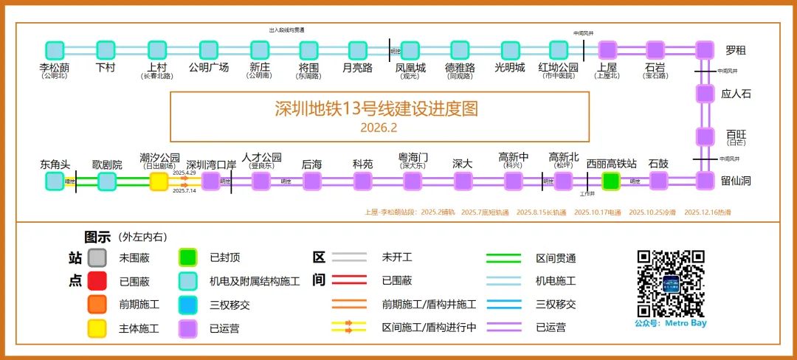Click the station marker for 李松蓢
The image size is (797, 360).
tap(55, 50)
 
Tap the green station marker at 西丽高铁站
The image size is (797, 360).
tap(610, 181)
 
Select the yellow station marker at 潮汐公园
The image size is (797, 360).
tap(159, 181)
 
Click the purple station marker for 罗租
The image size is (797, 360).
tap(705, 50)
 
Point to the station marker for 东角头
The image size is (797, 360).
tap(55, 181)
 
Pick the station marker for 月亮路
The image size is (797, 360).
tap(357, 50)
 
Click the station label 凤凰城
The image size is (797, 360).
tap(410, 68)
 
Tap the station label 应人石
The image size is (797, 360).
tap(736, 94)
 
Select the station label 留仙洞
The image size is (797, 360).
tap(736, 181)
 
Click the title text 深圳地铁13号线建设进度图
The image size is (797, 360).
tap(376, 108)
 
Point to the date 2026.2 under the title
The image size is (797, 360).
tap(379, 128)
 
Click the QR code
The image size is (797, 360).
tap(671, 283)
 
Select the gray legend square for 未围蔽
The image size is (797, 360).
tap(97, 257)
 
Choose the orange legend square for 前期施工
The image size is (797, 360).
tap(97, 304)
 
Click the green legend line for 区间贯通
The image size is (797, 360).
tap(504, 258)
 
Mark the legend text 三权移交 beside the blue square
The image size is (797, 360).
tap(230, 304)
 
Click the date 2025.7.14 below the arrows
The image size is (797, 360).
tap(184, 191)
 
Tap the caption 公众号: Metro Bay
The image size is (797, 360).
tap(670, 323)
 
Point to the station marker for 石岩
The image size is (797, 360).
tap(655, 50)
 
